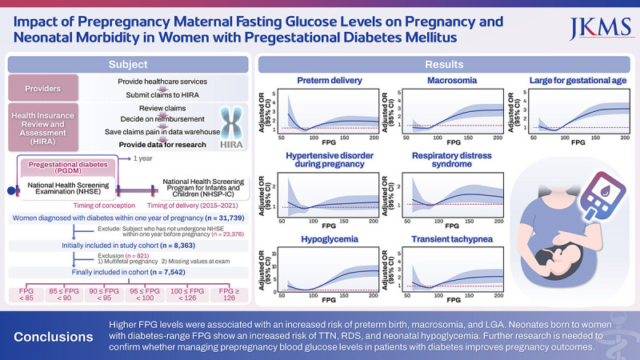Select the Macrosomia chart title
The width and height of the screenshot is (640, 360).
tap(449, 80)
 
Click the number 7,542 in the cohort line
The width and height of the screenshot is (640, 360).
tap(183, 270)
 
